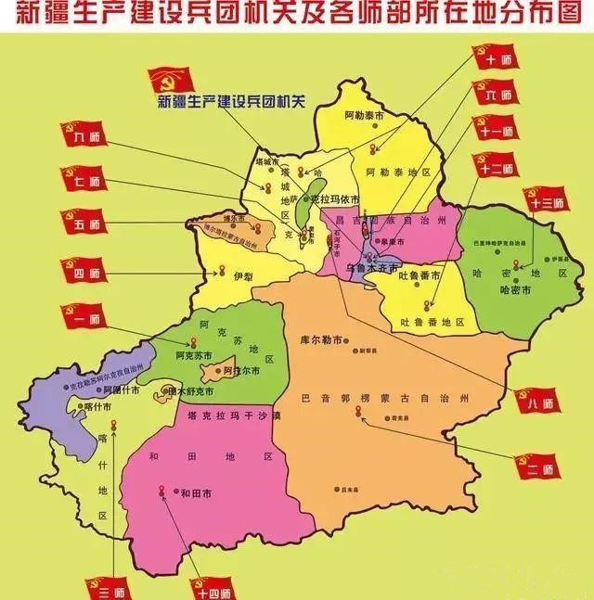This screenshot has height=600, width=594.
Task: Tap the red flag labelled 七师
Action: pyautogui.click(x=84, y=180)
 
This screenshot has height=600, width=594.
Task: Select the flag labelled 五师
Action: pyautogui.click(x=84, y=223)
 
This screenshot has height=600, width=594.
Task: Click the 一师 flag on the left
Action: pyautogui.click(x=84, y=318)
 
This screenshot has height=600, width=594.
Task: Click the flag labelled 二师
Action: pyautogui.click(x=537, y=469)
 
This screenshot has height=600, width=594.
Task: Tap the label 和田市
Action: pyautogui.click(x=197, y=493)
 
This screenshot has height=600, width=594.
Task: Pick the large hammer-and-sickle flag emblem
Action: pyautogui.click(x=171, y=84)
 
